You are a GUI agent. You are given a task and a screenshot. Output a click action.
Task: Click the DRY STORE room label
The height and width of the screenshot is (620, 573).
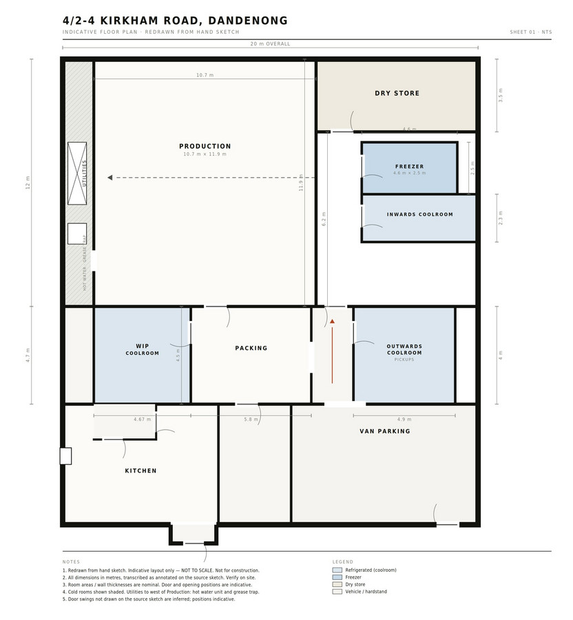397,93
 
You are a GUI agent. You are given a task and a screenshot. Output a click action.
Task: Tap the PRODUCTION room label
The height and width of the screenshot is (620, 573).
205,146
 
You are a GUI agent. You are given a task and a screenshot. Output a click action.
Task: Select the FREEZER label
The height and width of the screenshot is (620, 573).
409,167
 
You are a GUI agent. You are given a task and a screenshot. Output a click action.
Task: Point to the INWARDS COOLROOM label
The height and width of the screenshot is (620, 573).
419,214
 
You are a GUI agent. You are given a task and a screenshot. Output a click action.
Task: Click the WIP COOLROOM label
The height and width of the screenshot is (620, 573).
143,349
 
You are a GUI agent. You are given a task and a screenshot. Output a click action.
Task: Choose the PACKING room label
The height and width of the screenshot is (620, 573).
251,348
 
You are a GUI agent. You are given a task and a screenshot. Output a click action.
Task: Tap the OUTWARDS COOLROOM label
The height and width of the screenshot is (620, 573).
404,349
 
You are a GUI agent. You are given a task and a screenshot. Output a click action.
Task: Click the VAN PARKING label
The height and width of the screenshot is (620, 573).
385,431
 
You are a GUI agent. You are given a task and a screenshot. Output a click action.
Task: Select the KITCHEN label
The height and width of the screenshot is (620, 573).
140,471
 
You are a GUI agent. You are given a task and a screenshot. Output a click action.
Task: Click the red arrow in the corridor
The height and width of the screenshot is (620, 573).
333,351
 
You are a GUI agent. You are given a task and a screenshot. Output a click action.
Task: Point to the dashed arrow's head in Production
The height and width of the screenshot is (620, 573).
110,178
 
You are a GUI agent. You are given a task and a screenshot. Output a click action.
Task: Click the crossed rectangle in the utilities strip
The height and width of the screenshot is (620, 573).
77,174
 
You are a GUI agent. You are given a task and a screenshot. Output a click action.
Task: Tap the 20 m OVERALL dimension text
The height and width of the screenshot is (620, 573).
270,44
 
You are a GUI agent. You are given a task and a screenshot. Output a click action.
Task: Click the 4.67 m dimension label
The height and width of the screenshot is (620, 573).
143,419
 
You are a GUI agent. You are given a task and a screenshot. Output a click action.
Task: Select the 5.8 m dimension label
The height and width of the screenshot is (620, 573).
251,419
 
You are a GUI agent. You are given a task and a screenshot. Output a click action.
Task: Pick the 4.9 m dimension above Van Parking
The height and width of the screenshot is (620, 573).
404,419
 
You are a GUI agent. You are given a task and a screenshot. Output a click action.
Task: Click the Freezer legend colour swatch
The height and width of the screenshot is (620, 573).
337,577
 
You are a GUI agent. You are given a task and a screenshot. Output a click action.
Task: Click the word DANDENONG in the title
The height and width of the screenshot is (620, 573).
248,21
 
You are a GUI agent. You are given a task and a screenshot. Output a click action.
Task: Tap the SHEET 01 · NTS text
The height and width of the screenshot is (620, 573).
531,32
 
